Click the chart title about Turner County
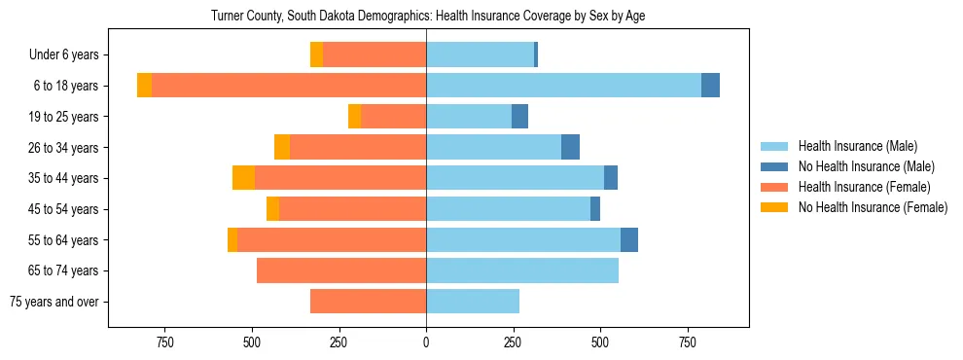[x=428, y=17]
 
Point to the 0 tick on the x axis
[x=426, y=342]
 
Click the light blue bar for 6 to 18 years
[x=563, y=86]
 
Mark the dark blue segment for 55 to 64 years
[x=629, y=239]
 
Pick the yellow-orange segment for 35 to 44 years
[x=243, y=178]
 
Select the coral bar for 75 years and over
[x=368, y=302]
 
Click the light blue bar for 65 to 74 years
[x=522, y=270]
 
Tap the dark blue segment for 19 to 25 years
[x=519, y=117]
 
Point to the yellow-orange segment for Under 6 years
[x=316, y=55]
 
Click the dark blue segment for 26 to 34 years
[x=570, y=147]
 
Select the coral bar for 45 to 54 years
[x=352, y=209]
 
